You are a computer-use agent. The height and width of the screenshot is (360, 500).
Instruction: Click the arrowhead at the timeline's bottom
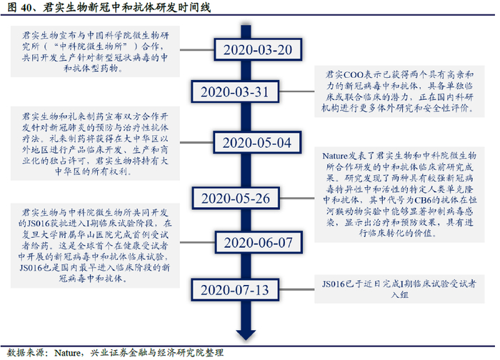point(244,333)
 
